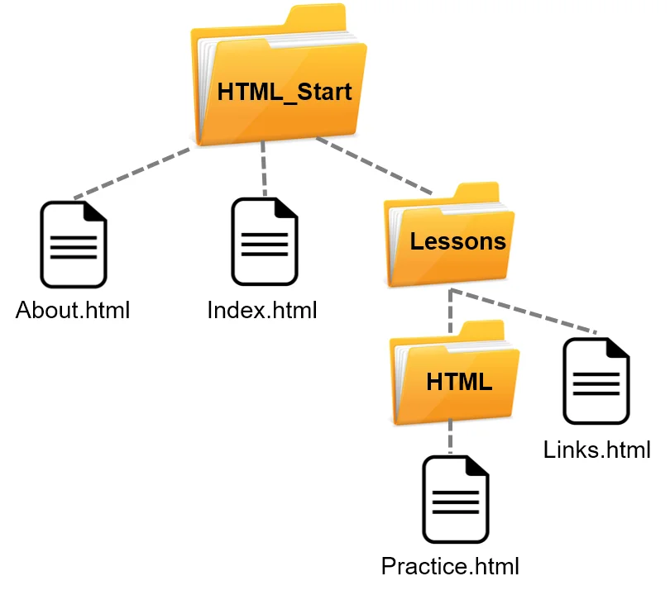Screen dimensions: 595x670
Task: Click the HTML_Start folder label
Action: (284, 92)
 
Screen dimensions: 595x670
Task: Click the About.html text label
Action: (73, 312)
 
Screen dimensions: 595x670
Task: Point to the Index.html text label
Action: (262, 311)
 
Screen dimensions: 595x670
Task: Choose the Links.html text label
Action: (596, 450)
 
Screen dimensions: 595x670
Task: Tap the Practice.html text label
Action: (450, 567)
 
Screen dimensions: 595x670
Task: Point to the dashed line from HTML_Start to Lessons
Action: (374, 170)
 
